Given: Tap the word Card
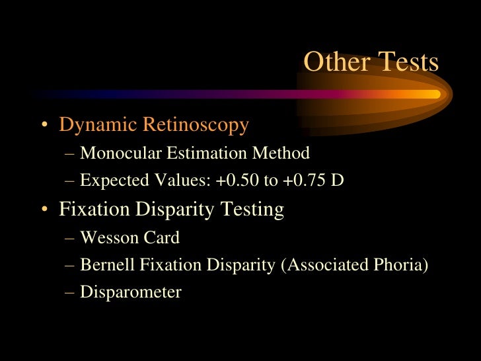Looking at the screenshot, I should (159, 237).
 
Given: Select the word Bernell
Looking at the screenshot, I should (105, 265).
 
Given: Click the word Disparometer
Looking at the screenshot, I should (131, 292).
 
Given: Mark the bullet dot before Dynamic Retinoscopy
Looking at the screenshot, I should (44, 126).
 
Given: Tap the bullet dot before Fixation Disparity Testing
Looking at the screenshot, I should (44, 211).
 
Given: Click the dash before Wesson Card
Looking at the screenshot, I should (70, 238).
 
